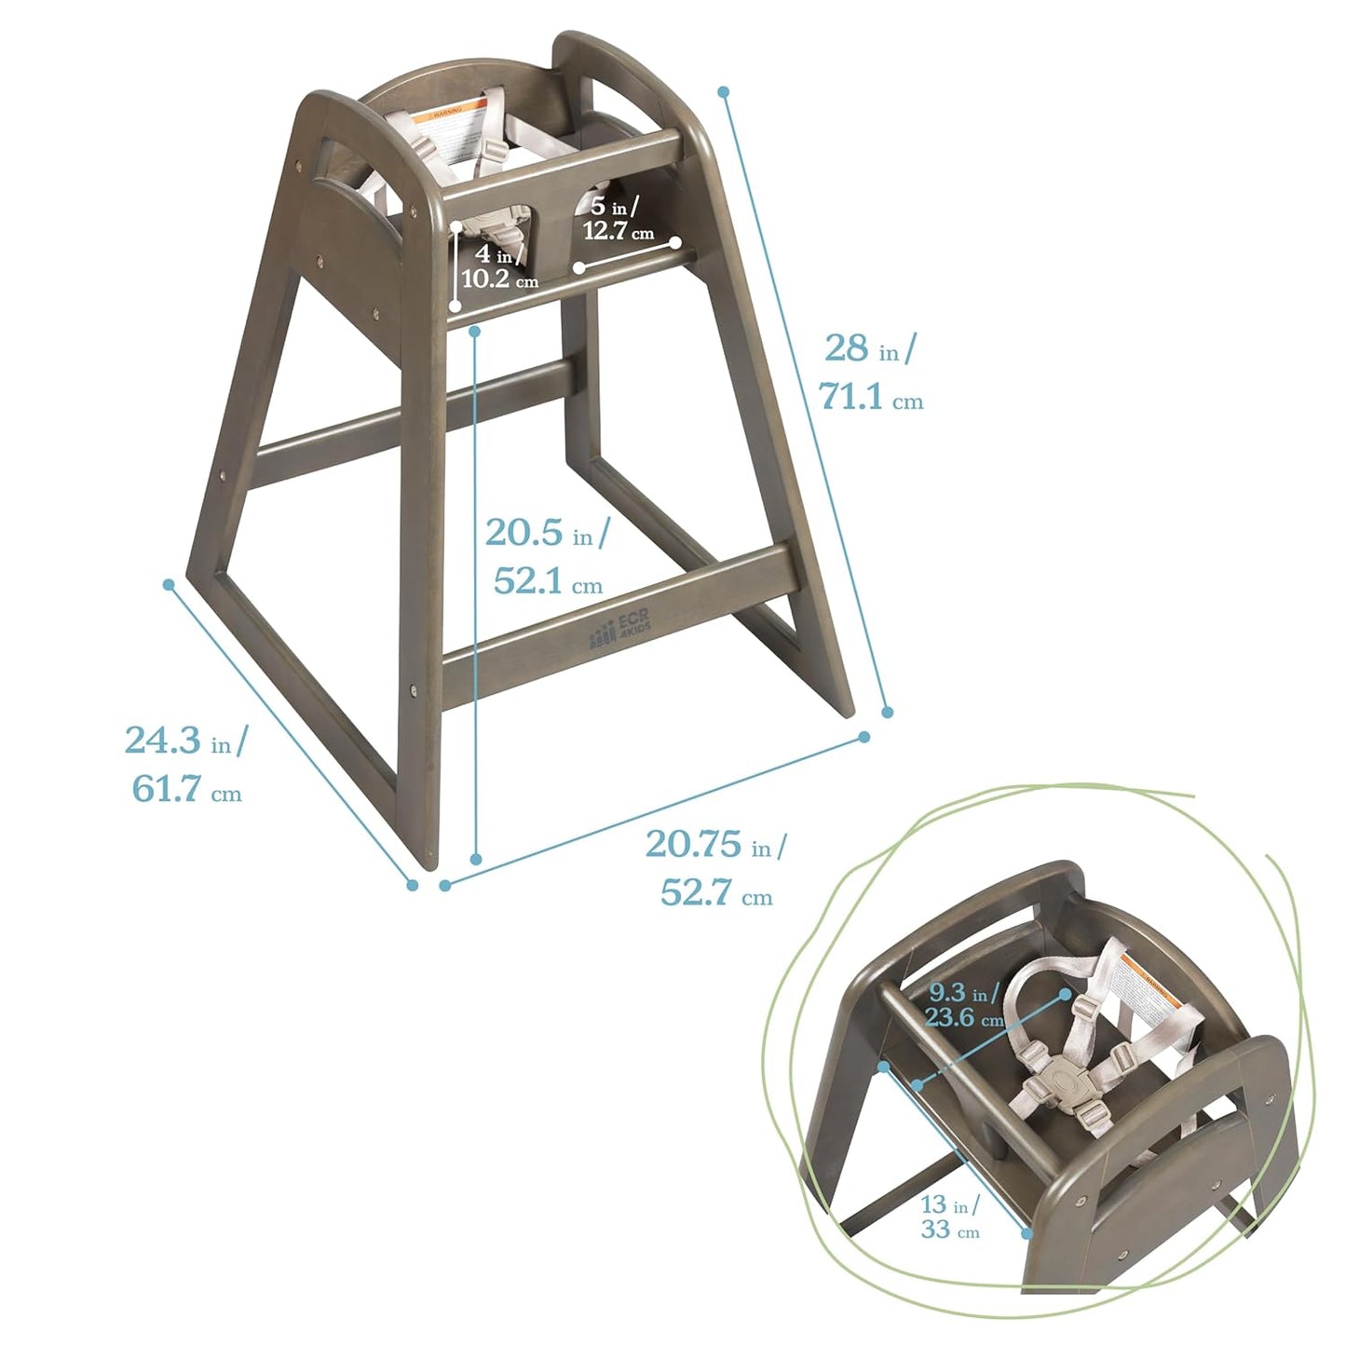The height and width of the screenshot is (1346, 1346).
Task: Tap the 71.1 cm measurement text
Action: pyautogui.click(x=871, y=398)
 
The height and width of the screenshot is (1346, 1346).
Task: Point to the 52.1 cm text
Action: pyautogui.click(x=548, y=582)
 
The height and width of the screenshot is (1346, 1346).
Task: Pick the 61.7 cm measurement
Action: pyautogui.click(x=186, y=790)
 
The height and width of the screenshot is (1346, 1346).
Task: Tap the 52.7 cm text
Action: pyautogui.click(x=716, y=893)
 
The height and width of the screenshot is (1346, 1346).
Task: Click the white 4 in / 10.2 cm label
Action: pyautogui.click(x=499, y=266)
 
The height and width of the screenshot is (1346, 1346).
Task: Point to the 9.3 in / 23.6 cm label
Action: pyautogui.click(x=964, y=1005)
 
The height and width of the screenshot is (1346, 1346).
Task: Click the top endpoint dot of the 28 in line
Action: pyautogui.click(x=723, y=91)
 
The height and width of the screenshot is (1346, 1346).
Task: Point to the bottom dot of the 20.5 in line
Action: pyautogui.click(x=476, y=859)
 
